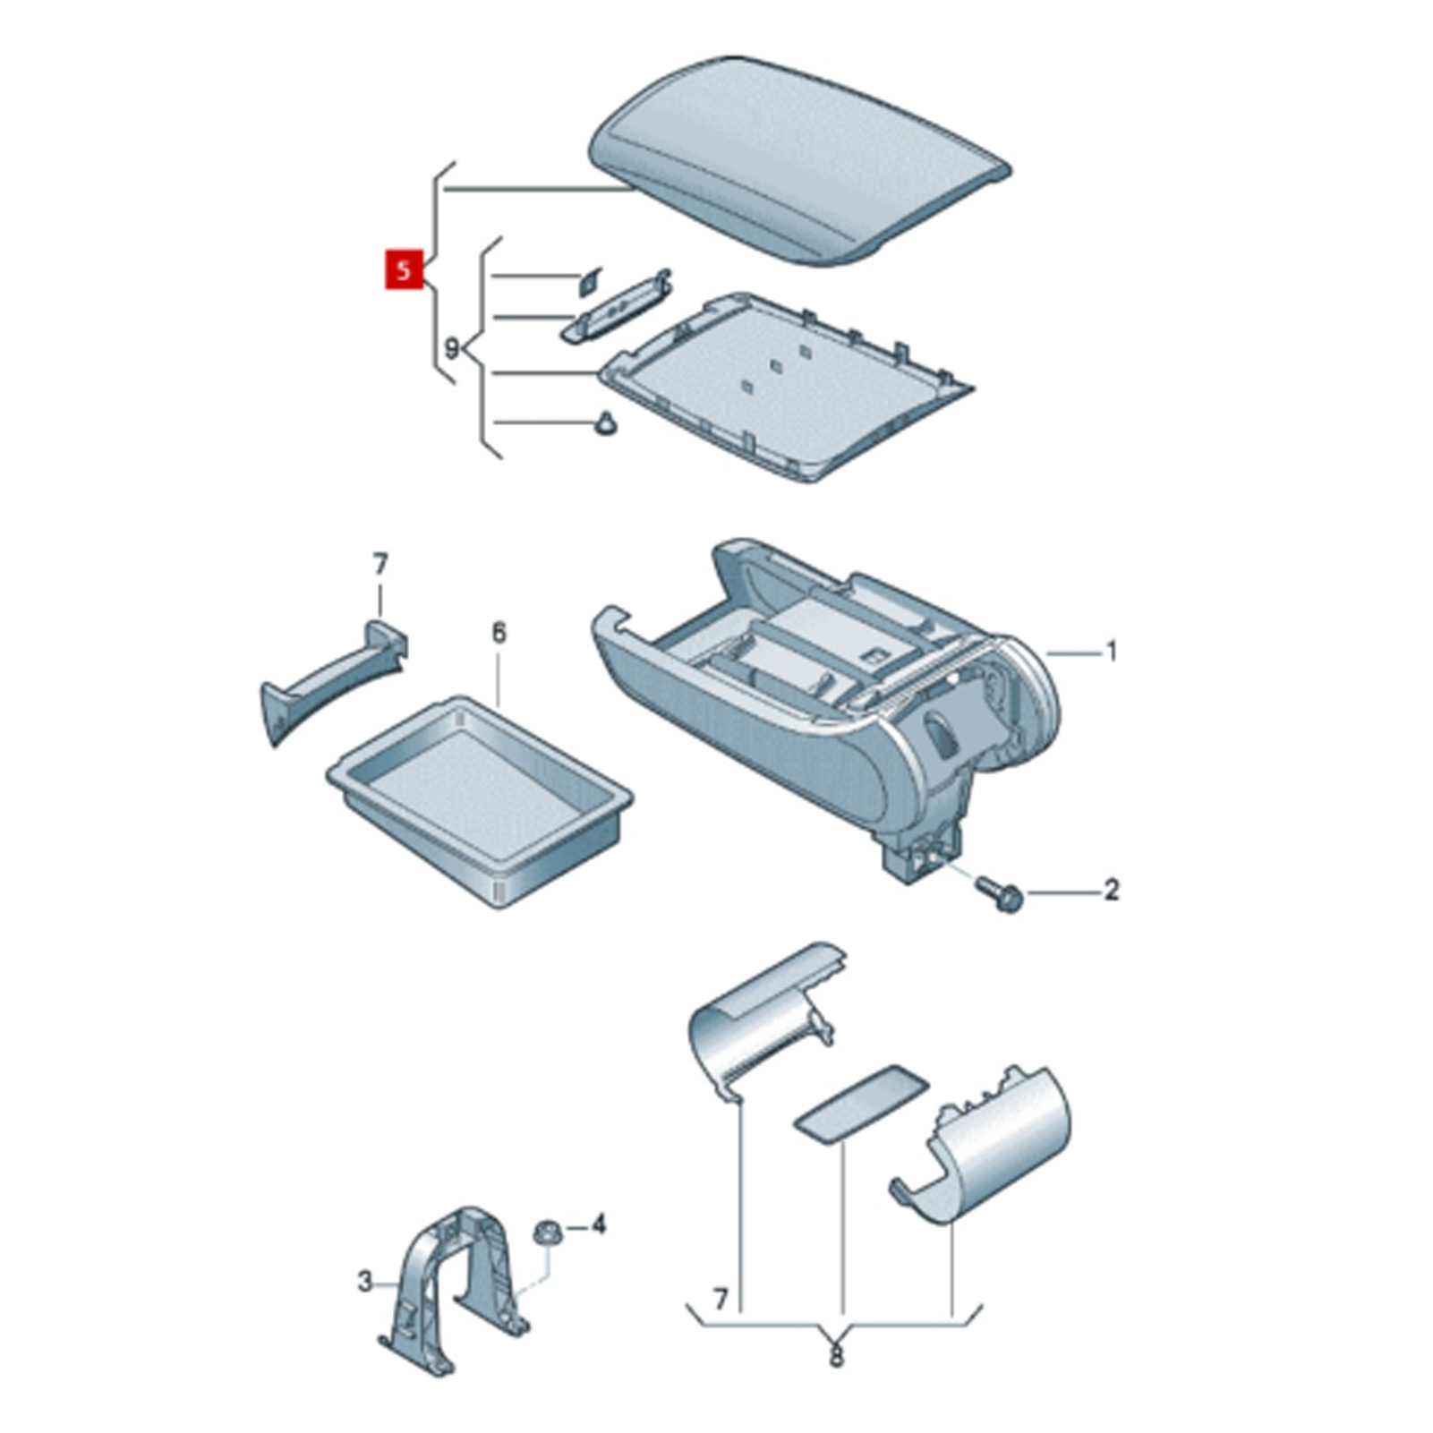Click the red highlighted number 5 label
[404, 269]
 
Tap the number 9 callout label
[452, 348]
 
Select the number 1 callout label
[1112, 653]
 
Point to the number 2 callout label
[1112, 891]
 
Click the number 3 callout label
[364, 1283]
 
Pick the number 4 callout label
[598, 1224]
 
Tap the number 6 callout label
[499, 633]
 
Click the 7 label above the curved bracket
[380, 565]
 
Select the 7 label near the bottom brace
[721, 1297]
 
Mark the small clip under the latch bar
[606, 423]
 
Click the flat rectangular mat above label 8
[861, 1104]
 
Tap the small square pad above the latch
[590, 281]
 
